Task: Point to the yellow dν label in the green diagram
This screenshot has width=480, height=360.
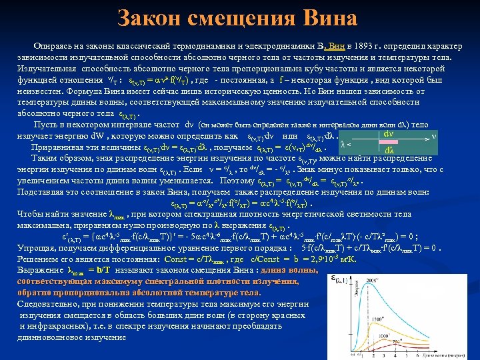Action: coord(387,133)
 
